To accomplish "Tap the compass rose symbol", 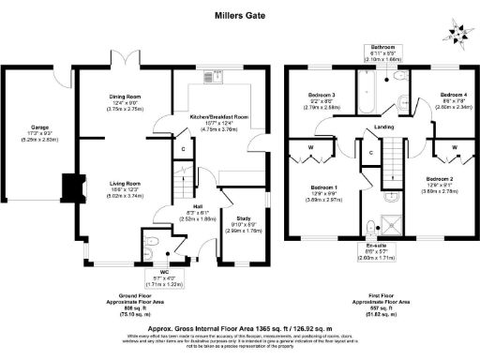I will [459, 31].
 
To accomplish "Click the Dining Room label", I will [124, 98].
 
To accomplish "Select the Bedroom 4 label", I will [453, 95].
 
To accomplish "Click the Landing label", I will [384, 127].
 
